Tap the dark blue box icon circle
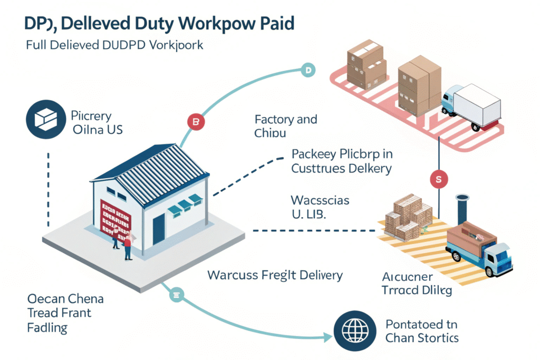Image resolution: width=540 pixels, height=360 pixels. [42, 121]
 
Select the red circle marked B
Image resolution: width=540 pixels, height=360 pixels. [195, 123]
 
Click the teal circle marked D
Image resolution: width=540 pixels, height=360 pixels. [307, 70]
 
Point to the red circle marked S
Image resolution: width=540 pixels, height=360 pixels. [438, 179]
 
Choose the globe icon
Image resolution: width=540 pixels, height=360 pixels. [352, 331]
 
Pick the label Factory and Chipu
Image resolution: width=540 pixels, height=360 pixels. [285, 126]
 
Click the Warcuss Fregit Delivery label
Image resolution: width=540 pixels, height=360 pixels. [275, 275]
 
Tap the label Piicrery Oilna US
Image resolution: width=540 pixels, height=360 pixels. [97, 122]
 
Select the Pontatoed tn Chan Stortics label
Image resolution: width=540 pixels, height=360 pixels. [422, 330]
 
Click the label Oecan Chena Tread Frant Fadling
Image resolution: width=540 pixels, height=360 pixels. [65, 313]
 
